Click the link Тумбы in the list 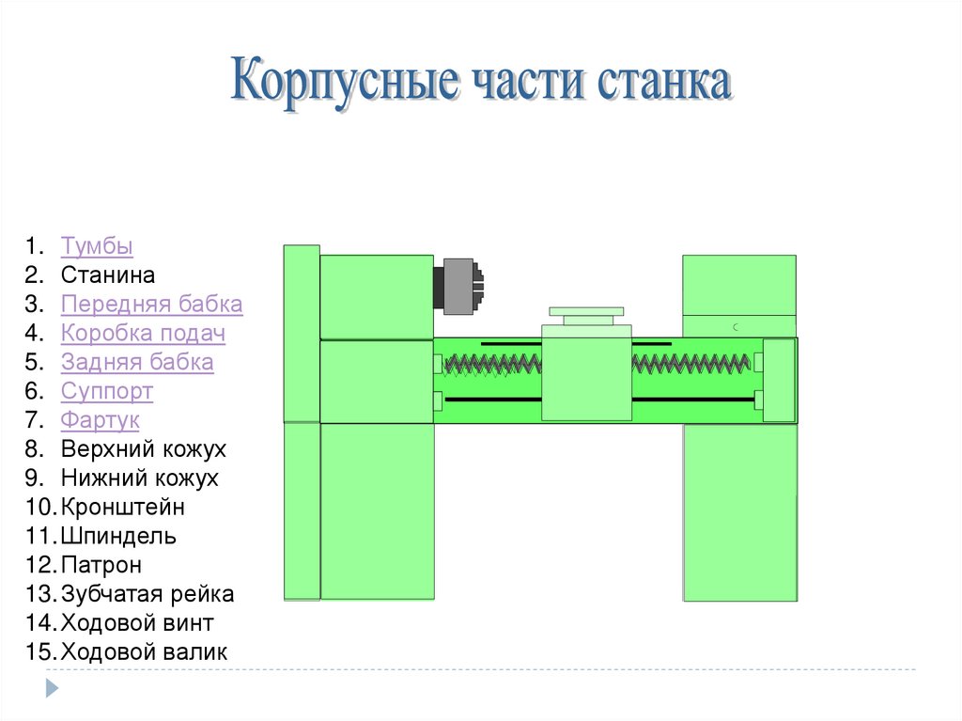[x=97, y=246]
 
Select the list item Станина [x=108, y=275]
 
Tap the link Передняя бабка [x=151, y=305]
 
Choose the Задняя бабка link [x=137, y=362]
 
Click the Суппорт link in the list [x=107, y=391]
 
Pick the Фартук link [x=101, y=420]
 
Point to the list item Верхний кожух [x=144, y=449]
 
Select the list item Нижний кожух [x=140, y=478]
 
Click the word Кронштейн [x=123, y=508]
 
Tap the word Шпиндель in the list [x=118, y=537]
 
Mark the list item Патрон [x=101, y=566]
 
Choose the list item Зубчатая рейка [x=147, y=594]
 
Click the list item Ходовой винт [x=137, y=623]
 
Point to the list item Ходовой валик [x=144, y=652]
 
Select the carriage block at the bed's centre [x=586, y=372]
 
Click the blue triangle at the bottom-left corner [x=52, y=688]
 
